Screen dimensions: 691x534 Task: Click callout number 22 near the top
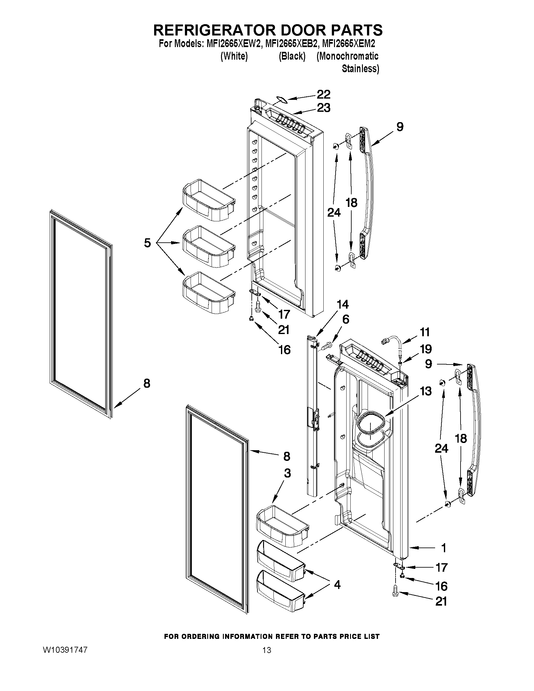point(324,94)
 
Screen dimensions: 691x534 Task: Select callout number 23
point(324,108)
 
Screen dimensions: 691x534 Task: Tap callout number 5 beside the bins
point(148,243)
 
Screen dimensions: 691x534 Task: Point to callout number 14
point(343,304)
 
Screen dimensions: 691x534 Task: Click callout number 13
point(426,391)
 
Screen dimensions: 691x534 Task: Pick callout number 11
point(425,332)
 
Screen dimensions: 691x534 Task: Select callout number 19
point(426,349)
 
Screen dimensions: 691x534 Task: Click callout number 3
point(287,482)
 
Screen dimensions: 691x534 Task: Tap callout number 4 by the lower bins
point(337,585)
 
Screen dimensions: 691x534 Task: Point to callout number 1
point(444,548)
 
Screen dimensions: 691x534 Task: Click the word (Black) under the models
point(292,56)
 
